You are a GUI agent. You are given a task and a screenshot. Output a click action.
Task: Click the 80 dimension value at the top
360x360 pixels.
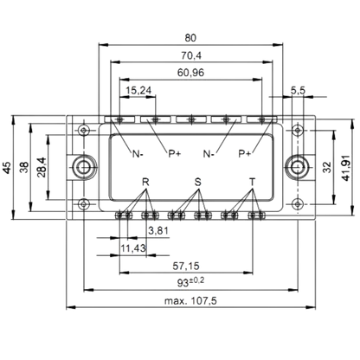point(190,38)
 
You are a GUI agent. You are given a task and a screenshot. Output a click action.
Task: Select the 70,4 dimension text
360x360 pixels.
point(191,55)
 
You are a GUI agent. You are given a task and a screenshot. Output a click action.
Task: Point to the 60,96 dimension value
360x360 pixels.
point(190,73)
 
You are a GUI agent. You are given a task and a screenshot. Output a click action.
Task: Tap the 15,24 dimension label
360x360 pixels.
point(138,91)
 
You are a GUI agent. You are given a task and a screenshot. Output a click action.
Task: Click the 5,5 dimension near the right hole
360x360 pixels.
point(298,91)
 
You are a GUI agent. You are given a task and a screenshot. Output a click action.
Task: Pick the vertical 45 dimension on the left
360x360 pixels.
point(8,168)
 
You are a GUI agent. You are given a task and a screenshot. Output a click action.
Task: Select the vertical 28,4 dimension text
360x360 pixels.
point(42,167)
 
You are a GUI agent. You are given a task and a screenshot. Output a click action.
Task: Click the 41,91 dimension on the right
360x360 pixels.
point(345,168)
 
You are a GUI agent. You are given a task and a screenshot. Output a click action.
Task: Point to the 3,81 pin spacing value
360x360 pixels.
point(158,230)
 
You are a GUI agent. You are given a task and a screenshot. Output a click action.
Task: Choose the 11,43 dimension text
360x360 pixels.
point(133,247)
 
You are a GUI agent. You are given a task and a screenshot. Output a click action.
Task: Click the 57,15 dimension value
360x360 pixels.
point(186,266)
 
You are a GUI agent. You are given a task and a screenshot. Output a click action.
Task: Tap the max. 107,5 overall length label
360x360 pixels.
point(190,301)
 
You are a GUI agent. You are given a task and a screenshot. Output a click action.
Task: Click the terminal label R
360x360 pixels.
point(145,182)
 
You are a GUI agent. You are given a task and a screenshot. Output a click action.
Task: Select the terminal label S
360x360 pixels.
point(197,182)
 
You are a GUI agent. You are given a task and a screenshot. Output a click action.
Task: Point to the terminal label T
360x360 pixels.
point(253,182)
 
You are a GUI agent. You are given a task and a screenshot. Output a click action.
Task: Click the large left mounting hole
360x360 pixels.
point(83,167)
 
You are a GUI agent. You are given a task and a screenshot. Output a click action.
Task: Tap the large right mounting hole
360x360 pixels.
point(297,167)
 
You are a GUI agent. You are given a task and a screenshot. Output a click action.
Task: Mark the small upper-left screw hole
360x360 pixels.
point(83,131)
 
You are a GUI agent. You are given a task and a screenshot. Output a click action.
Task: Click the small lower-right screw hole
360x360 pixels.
point(297,204)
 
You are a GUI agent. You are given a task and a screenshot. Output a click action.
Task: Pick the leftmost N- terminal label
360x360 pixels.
point(138,154)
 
